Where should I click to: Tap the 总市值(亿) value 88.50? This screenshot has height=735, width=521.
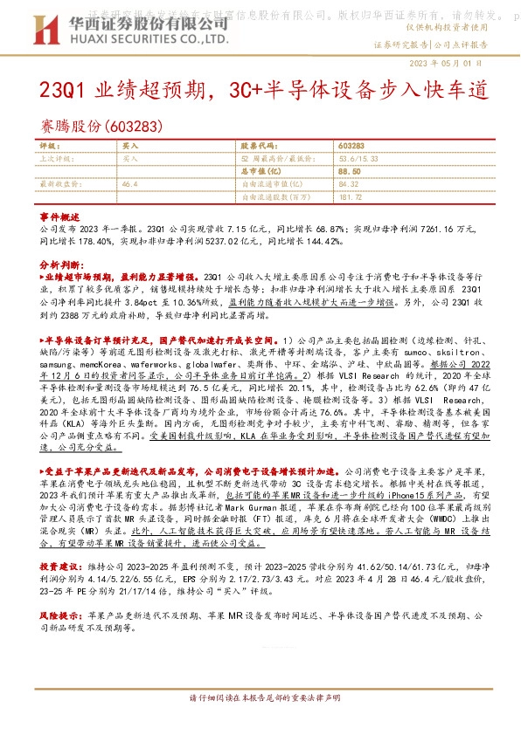click(x=351, y=173)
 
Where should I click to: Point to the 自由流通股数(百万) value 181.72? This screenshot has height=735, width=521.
click(x=351, y=197)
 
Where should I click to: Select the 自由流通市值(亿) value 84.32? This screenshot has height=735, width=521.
click(x=348, y=185)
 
